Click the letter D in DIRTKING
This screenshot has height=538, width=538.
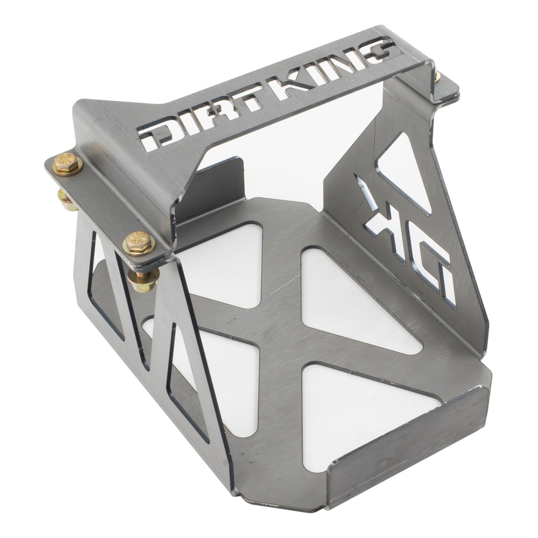(x=155, y=134)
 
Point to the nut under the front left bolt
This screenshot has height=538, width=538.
(x=137, y=273)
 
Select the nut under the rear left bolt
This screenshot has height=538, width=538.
(x=66, y=195)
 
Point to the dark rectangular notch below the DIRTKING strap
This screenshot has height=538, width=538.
(x=224, y=184)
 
